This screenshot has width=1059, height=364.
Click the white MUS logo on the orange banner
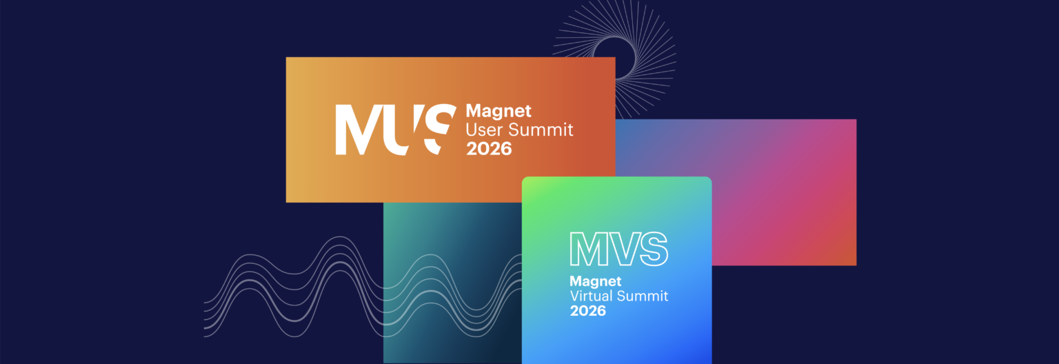click(396, 129)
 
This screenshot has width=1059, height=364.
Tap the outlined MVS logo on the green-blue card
click(618, 250)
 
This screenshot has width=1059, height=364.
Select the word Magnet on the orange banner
click(498, 110)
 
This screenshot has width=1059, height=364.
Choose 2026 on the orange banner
click(489, 148)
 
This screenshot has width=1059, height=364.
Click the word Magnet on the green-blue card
click(595, 281)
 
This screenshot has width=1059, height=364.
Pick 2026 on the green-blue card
click(587, 311)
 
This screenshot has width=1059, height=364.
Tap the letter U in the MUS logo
click(403, 130)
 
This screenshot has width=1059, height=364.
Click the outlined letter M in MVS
click(586, 250)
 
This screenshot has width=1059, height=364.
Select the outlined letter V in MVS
click(619, 250)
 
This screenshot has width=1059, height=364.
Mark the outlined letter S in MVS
click(650, 250)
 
